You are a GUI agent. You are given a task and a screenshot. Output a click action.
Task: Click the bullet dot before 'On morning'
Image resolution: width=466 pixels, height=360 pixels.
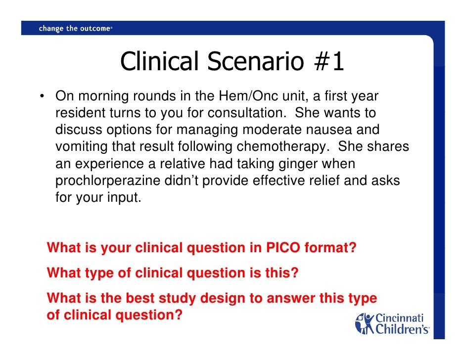coord(44,95)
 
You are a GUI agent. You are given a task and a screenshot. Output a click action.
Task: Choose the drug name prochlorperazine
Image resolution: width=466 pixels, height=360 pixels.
coord(108,181)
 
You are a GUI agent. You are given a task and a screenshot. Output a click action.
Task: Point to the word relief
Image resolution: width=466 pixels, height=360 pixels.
coord(324,181)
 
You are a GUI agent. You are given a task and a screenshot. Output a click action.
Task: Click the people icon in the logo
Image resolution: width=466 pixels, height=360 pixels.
coord(365,322)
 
